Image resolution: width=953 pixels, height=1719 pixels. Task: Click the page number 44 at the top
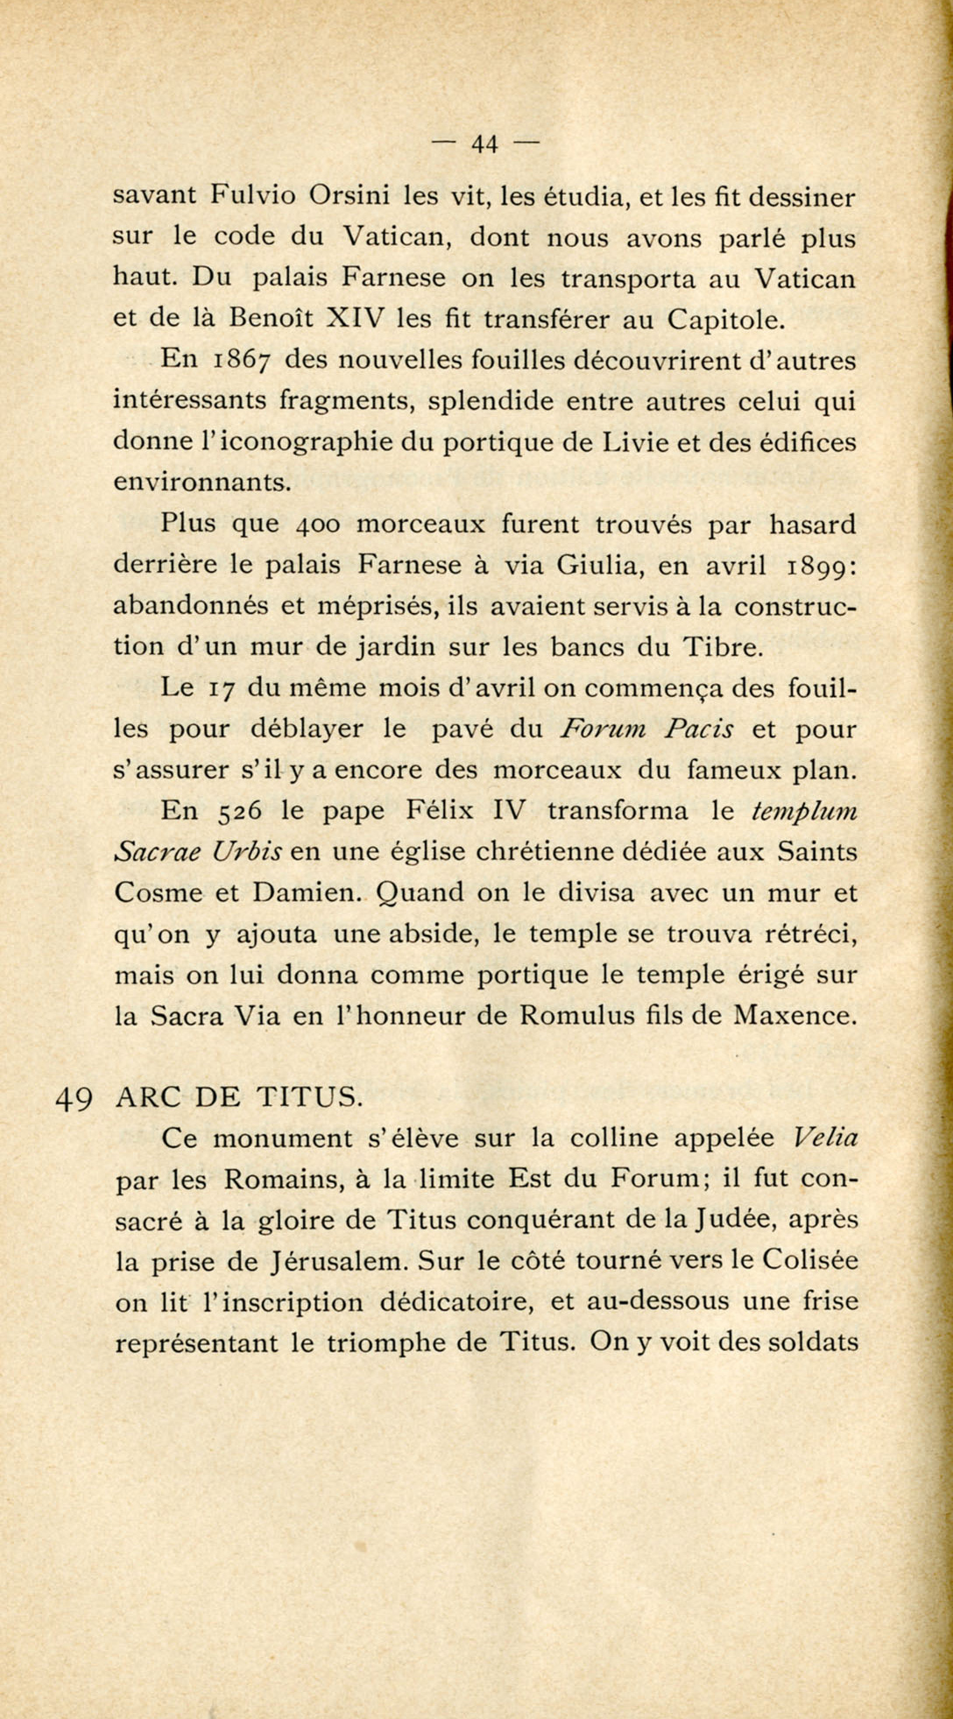pos(484,144)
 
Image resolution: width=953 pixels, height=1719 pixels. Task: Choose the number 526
pos(241,812)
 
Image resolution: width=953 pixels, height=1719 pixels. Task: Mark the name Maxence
pos(794,1016)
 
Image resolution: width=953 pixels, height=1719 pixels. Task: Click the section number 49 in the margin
pos(74,1098)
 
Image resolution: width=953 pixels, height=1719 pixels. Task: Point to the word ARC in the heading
pos(147,1096)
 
